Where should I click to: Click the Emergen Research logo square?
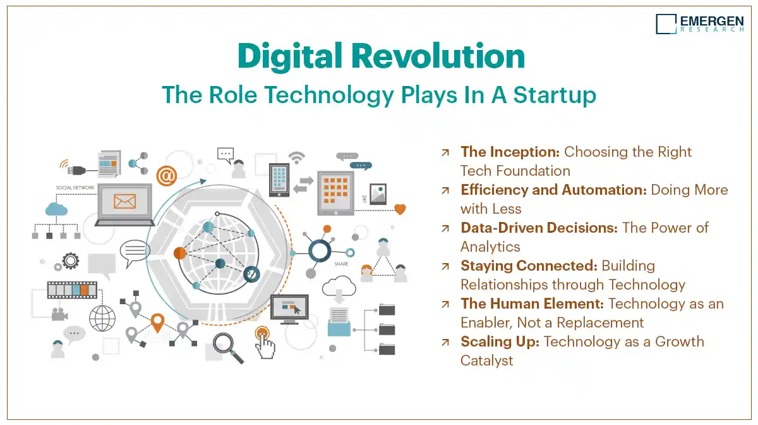(666, 24)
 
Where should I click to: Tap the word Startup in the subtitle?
(555, 95)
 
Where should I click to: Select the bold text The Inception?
(510, 152)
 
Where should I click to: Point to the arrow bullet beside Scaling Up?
(445, 342)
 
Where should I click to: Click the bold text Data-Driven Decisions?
(539, 228)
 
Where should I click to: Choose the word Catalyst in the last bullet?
(486, 360)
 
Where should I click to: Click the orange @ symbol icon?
(167, 176)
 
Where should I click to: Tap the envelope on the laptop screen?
(124, 202)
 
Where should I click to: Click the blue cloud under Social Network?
(56, 209)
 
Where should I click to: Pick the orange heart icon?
(400, 209)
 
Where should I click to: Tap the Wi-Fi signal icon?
(297, 158)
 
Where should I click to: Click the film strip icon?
(72, 290)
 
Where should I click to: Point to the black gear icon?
(71, 261)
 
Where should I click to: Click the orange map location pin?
(157, 323)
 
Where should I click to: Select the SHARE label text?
(341, 264)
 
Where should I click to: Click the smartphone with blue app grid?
(279, 180)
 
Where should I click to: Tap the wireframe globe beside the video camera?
(102, 318)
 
